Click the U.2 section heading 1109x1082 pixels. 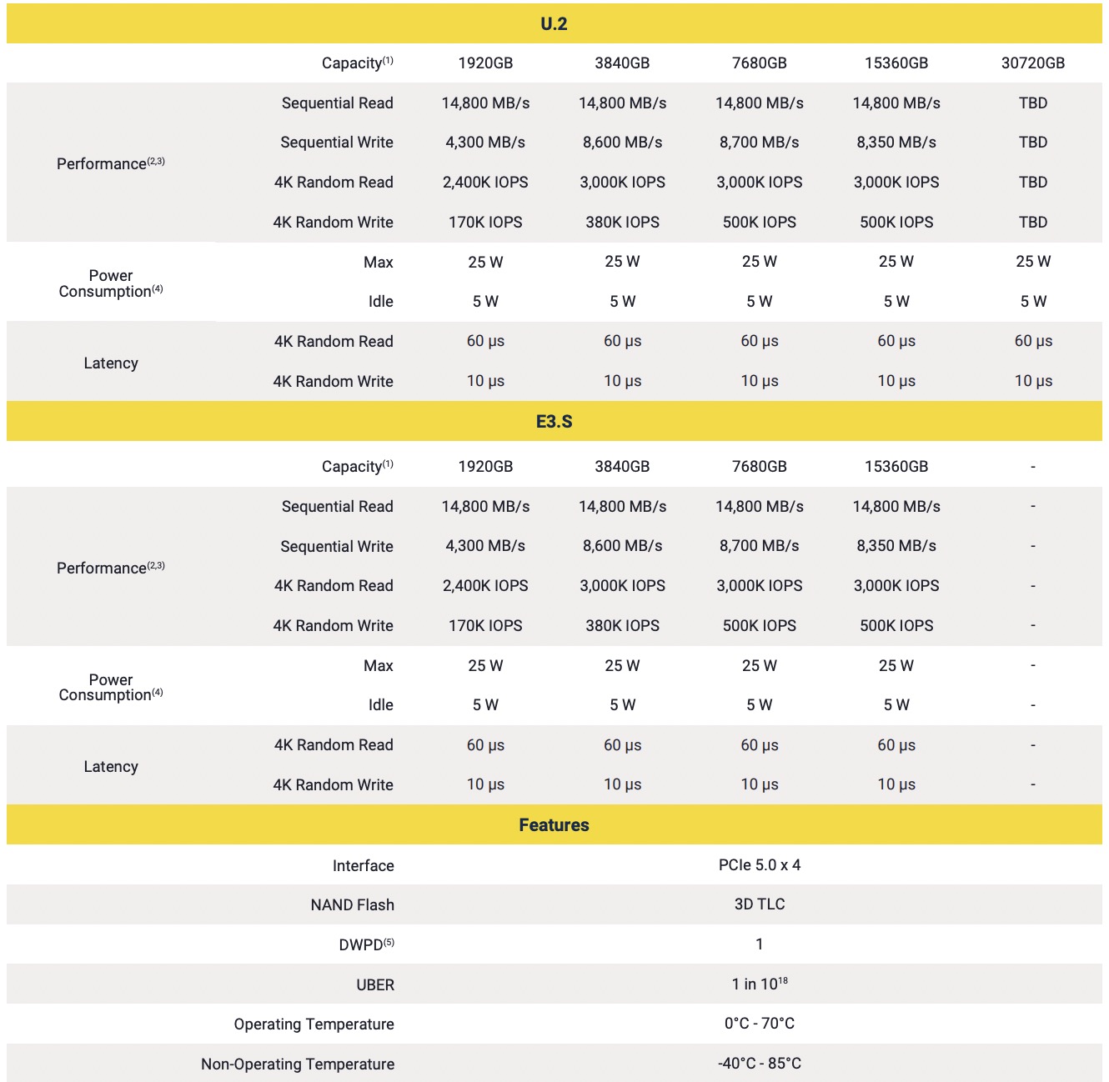pyautogui.click(x=554, y=24)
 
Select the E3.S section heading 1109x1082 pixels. pyautogui.click(x=554, y=422)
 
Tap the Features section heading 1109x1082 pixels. pyautogui.click(x=554, y=825)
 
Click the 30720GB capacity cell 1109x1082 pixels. pyautogui.click(x=1032, y=63)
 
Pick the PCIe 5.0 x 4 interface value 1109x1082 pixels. pyautogui.click(x=759, y=865)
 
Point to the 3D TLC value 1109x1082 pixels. pyautogui.click(x=759, y=904)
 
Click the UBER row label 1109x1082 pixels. pyautogui.click(x=375, y=984)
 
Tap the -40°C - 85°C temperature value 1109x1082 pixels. pyautogui.click(x=759, y=1064)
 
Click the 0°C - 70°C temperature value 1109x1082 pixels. pyautogui.click(x=759, y=1024)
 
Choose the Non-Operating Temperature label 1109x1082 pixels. pyautogui.click(x=298, y=1064)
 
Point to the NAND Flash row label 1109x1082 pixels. pyautogui.click(x=352, y=905)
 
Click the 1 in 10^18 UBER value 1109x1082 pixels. pyautogui.click(x=759, y=984)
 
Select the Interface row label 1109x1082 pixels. pyautogui.click(x=363, y=866)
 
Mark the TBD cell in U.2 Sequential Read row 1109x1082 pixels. pyautogui.click(x=1032, y=103)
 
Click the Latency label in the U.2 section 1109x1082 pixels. pyautogui.click(x=111, y=363)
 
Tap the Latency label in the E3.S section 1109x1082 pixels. pyautogui.click(x=111, y=767)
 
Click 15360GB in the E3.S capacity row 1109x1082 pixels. pyautogui.click(x=896, y=467)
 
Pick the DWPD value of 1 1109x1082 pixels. pyautogui.click(x=759, y=944)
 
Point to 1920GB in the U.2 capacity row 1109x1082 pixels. pyautogui.click(x=485, y=63)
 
